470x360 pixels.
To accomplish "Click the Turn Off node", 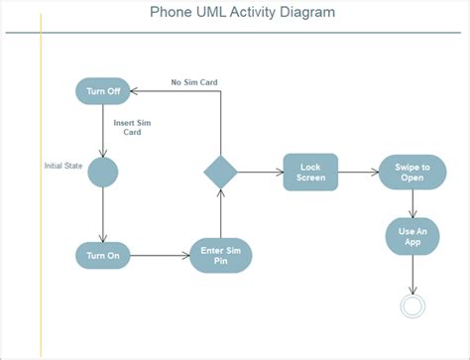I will point(103,91).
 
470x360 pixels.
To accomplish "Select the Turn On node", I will point(103,255).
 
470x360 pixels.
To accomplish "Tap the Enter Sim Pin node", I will point(220,255).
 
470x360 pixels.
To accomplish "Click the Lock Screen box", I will point(310,172).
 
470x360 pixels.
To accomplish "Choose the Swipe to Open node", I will point(412,172).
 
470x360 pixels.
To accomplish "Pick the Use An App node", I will point(412,236).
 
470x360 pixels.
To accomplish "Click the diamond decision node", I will point(221,172).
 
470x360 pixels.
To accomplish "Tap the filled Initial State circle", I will point(103,172).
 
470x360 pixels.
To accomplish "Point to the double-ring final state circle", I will point(412,305).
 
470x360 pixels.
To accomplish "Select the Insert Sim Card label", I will point(131,129).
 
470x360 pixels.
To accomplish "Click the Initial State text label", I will point(62,165).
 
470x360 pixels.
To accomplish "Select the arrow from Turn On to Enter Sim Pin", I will point(159,255).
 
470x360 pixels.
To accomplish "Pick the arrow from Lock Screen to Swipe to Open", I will point(358,172).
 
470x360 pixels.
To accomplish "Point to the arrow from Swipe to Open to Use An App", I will point(412,202).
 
